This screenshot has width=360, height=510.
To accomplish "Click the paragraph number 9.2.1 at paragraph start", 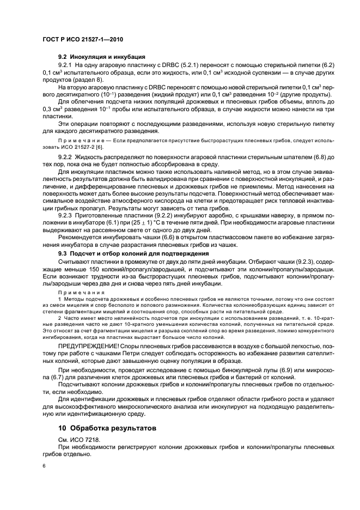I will [x=68, y=65].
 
